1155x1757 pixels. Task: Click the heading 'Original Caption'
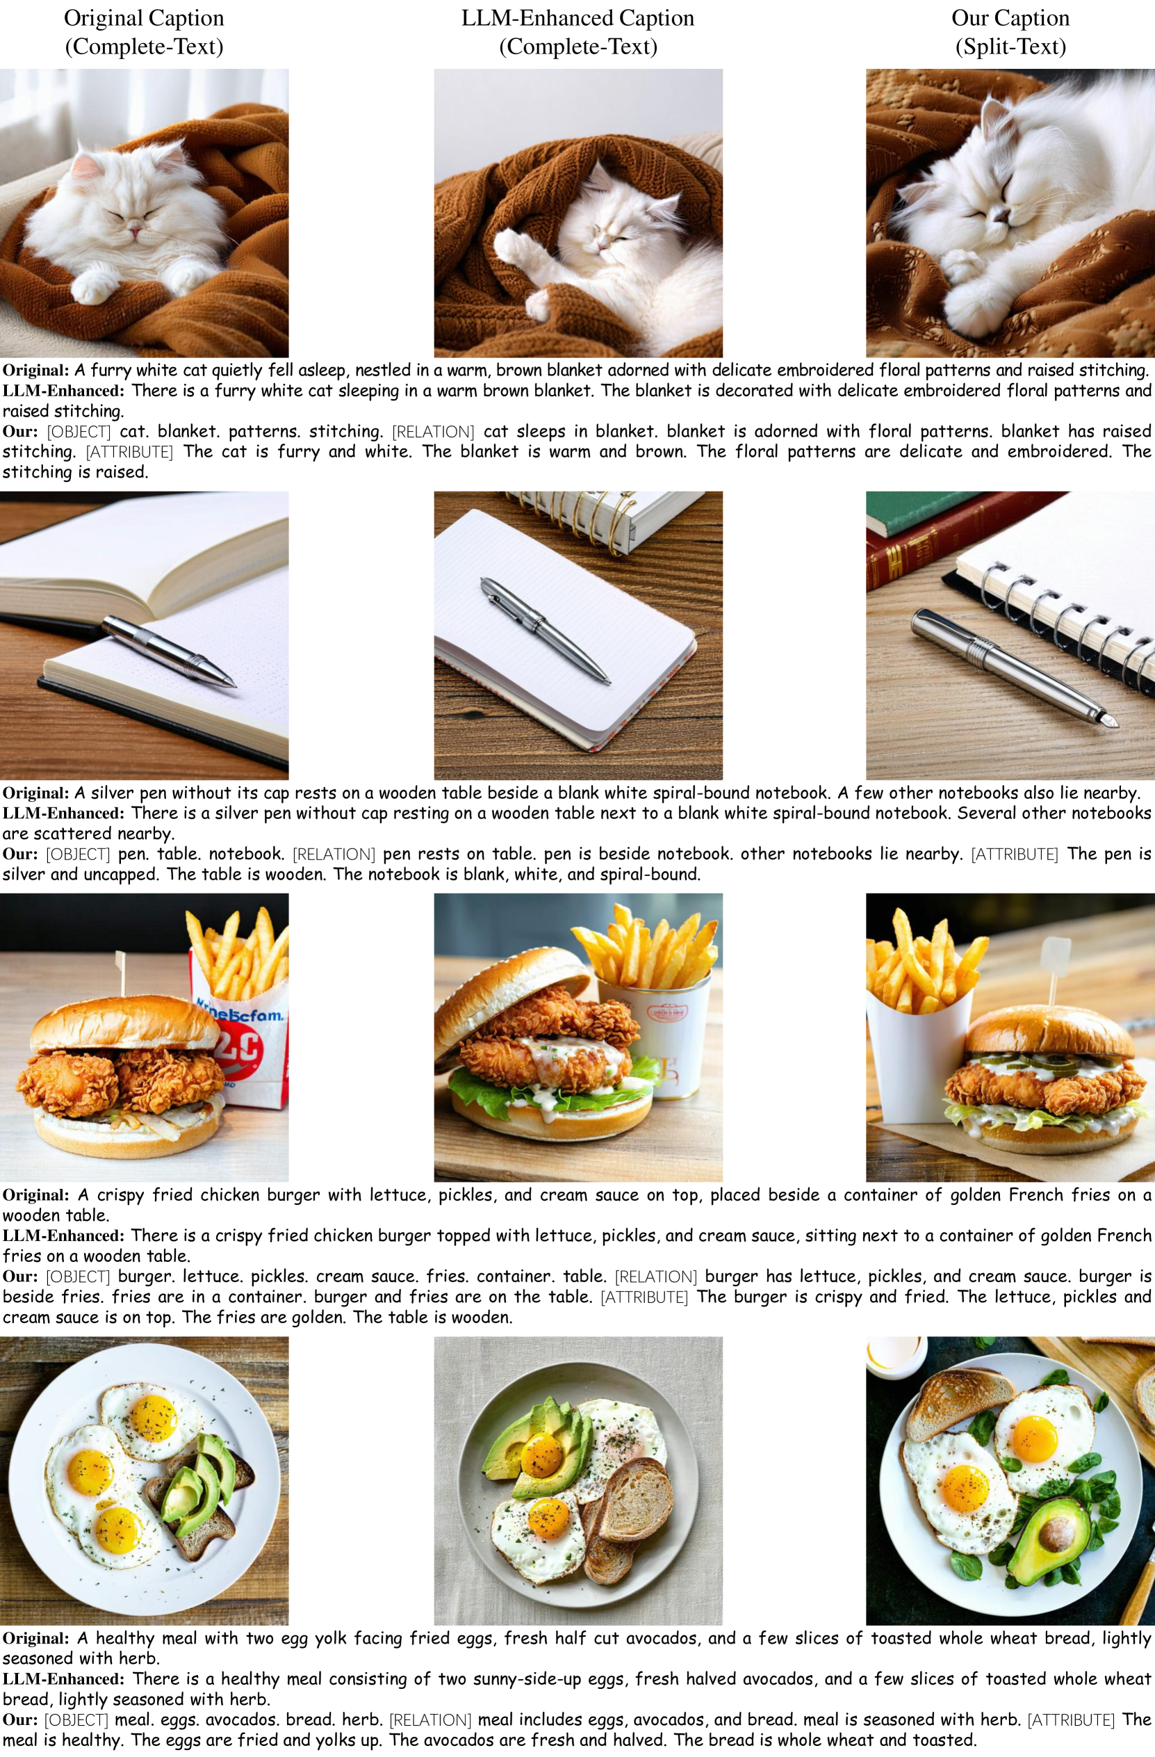tap(144, 17)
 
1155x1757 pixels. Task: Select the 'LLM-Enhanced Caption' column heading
tap(578, 17)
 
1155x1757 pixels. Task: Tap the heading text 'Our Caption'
tap(1010, 17)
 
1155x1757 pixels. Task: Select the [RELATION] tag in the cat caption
tap(433, 431)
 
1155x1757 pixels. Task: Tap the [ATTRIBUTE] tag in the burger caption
tap(644, 1296)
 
